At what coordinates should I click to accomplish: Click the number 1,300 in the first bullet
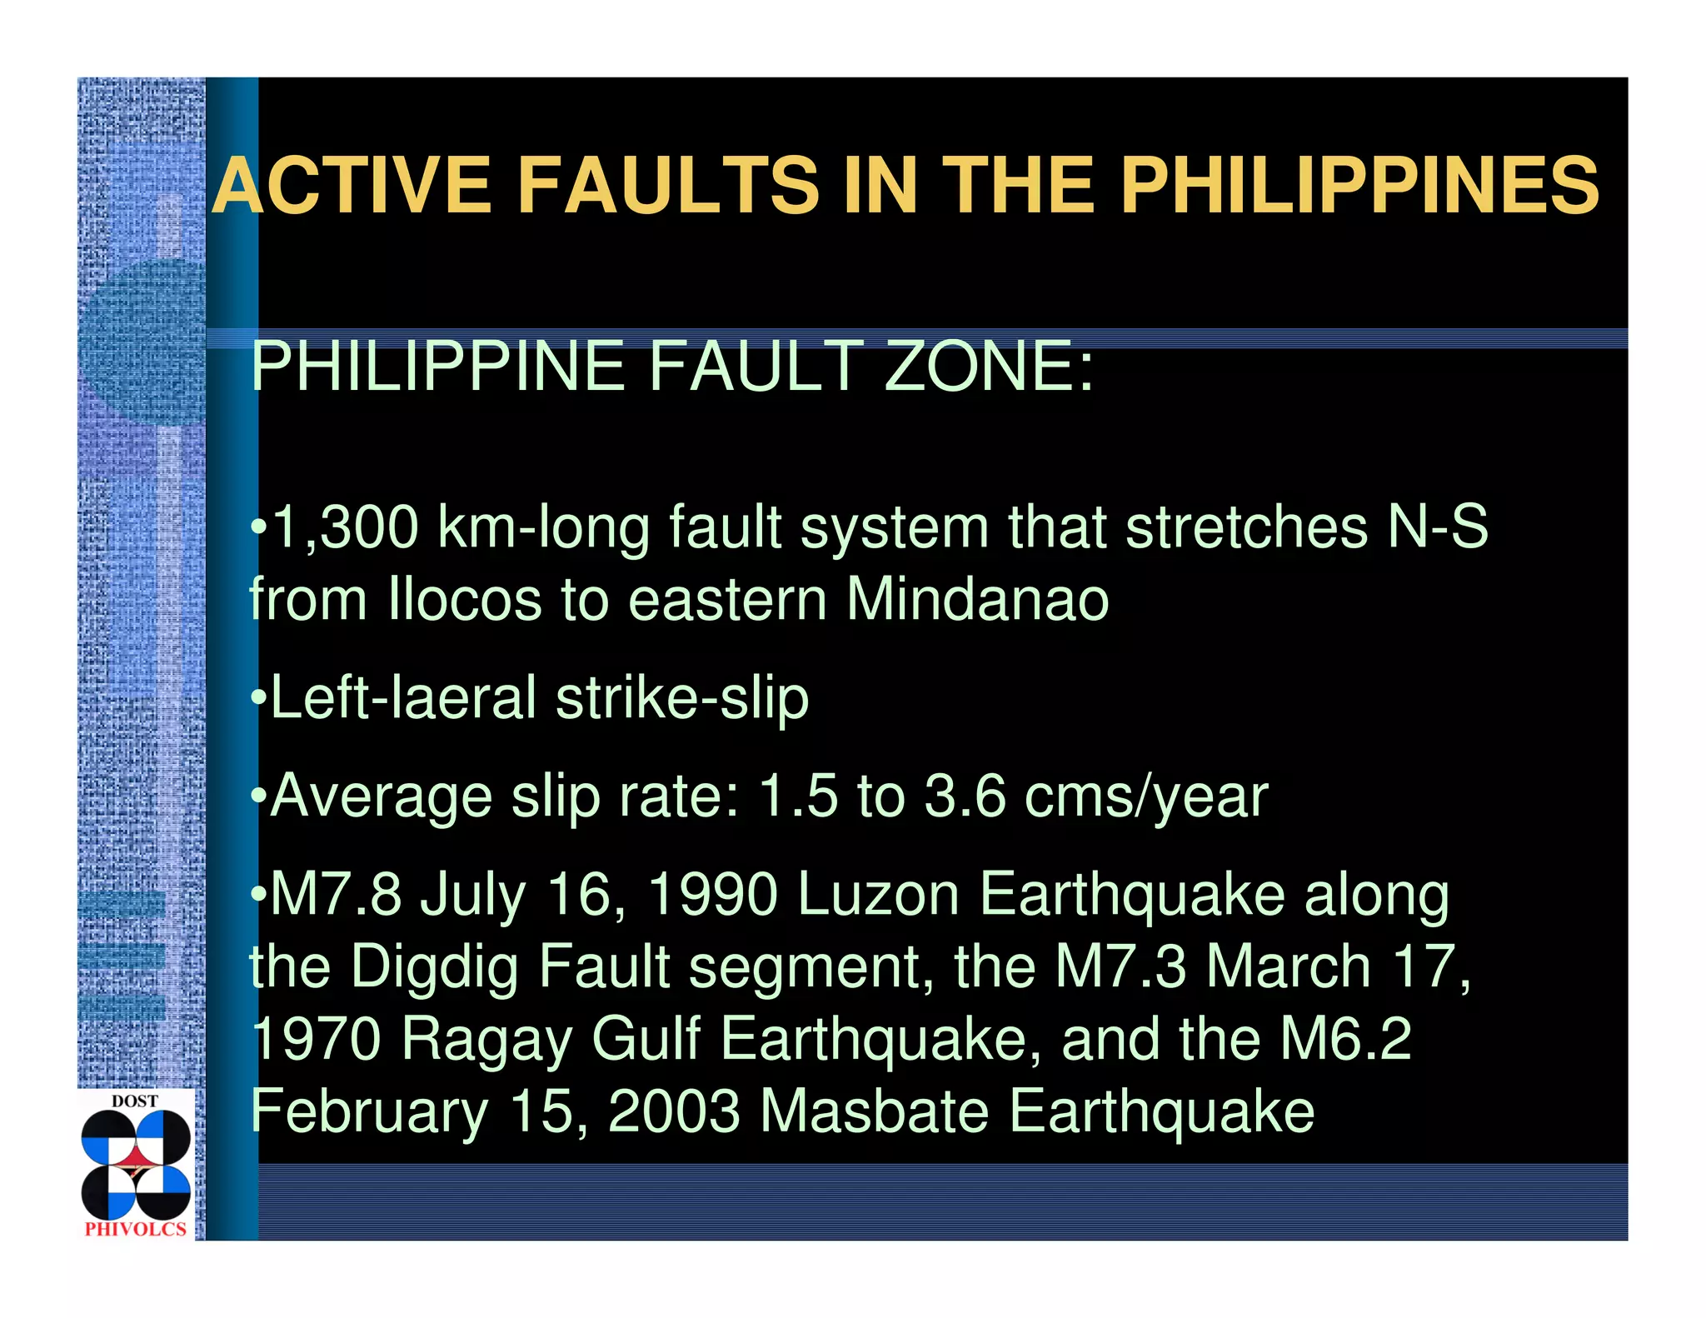pyautogui.click(x=345, y=527)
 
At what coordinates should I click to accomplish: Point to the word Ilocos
pyautogui.click(x=465, y=599)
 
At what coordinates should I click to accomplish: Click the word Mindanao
pyautogui.click(x=977, y=599)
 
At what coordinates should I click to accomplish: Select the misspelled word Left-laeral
pyautogui.click(x=403, y=697)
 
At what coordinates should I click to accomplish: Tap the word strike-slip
pyautogui.click(x=682, y=697)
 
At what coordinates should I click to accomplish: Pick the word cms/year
pyautogui.click(x=1145, y=796)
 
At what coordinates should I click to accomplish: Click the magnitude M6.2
pyautogui.click(x=1345, y=1039)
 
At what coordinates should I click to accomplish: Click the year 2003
pyautogui.click(x=674, y=1111)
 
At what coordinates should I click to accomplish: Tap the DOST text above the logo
pyautogui.click(x=135, y=1101)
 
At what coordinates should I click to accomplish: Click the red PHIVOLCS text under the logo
pyautogui.click(x=136, y=1229)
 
